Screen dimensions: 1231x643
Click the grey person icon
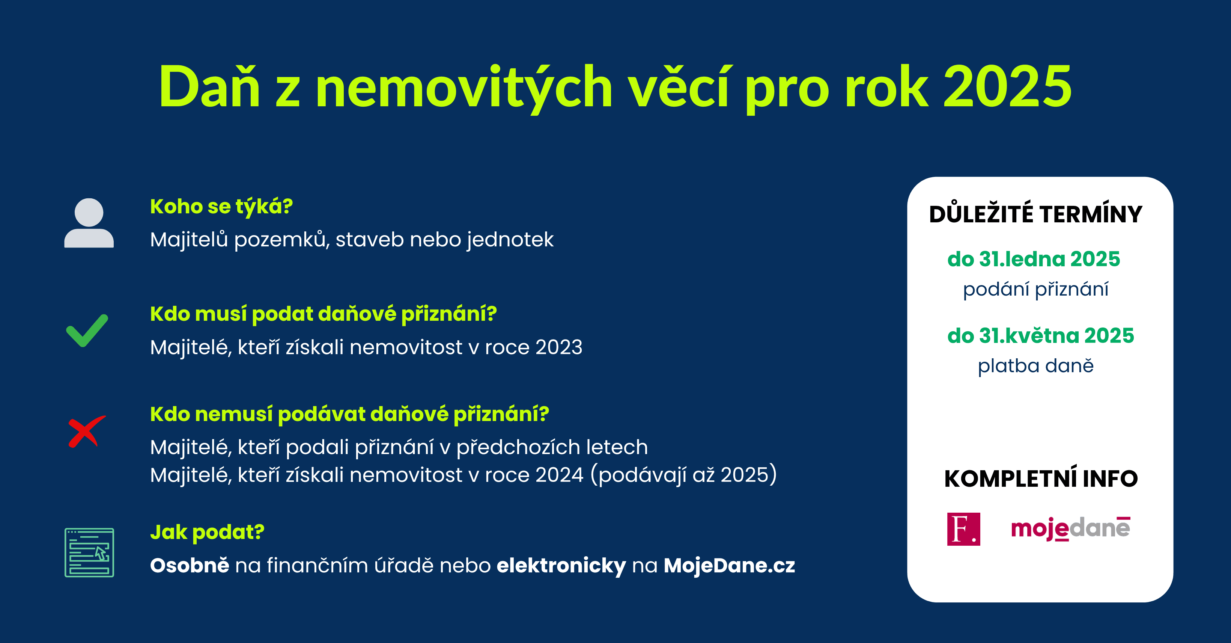(89, 223)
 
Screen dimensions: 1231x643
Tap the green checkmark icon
(87, 331)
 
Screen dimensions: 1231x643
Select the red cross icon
(86, 431)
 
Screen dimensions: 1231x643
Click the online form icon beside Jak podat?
(89, 552)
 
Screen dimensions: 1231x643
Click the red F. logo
(963, 529)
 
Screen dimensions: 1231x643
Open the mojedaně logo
(1071, 529)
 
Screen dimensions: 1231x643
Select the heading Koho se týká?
(221, 207)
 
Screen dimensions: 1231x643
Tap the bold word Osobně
(190, 565)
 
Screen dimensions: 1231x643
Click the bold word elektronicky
(561, 566)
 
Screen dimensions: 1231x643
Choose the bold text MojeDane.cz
(729, 566)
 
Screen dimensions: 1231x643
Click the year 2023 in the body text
(558, 347)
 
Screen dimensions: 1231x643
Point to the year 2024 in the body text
(560, 475)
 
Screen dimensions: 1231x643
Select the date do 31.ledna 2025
(1034, 259)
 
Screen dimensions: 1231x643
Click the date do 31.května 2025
(1041, 336)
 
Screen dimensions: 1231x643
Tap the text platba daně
(1035, 366)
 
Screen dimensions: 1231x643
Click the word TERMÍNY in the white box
(1091, 213)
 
